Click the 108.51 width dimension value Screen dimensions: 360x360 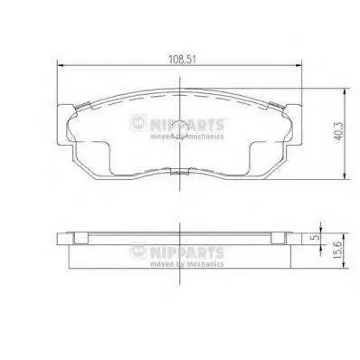coord(182,60)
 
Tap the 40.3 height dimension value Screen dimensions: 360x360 coord(339,131)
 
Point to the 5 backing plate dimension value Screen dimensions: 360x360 coord(315,237)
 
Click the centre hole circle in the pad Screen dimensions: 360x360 coord(179,128)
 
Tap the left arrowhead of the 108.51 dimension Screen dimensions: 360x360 coord(61,65)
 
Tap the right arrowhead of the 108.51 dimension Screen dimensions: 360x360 coord(298,65)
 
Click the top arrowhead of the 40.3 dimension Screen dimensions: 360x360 coord(345,92)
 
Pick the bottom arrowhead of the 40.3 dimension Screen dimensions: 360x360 coord(345,175)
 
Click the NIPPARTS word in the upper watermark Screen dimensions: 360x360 coord(186,125)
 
